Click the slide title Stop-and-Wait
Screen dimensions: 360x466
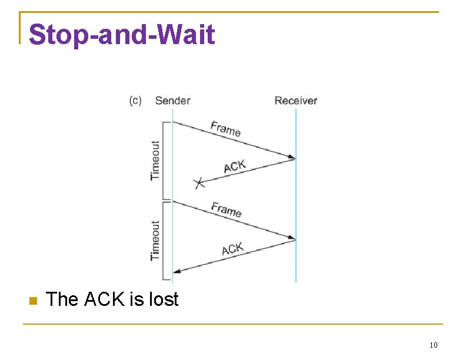click(122, 35)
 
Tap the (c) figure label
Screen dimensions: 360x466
click(135, 101)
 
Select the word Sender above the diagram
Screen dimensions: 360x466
click(172, 101)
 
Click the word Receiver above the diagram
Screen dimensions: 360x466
click(296, 101)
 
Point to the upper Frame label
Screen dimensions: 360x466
click(225, 128)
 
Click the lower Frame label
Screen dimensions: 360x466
click(227, 209)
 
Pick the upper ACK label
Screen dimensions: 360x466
click(234, 166)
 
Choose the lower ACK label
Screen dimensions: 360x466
click(232, 249)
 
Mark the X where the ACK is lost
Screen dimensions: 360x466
click(199, 184)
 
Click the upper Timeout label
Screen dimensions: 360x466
click(155, 160)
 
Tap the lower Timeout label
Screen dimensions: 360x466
click(155, 240)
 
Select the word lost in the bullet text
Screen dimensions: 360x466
click(163, 300)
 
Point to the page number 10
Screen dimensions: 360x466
click(434, 345)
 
